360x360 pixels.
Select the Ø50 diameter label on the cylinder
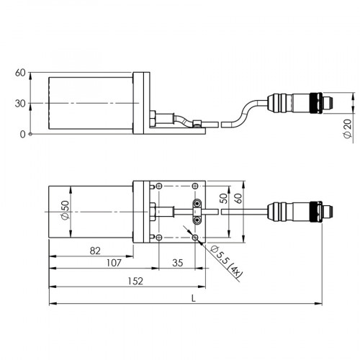[x=66, y=212]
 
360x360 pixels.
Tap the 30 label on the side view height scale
[x=20, y=104]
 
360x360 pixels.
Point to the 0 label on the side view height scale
[x=22, y=134]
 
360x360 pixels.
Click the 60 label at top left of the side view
[x=20, y=73]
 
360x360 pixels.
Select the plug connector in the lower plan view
[x=302, y=212]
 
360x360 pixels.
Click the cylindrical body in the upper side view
[x=90, y=104]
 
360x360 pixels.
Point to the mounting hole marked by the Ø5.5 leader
[x=197, y=237]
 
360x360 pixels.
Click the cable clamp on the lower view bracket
[x=197, y=212]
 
